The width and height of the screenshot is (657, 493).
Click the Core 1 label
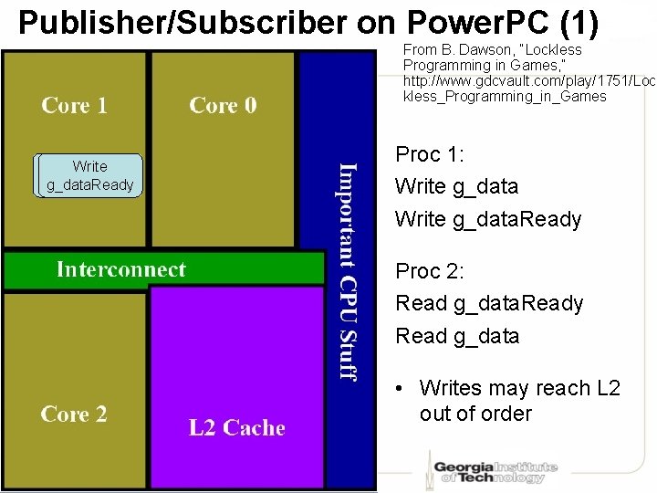(74, 106)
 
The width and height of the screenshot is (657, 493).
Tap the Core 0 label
(223, 106)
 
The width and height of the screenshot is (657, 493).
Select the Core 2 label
(74, 414)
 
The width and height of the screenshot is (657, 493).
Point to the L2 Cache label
(236, 428)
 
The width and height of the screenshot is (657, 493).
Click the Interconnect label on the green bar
(120, 269)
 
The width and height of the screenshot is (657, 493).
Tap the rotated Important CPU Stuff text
(348, 270)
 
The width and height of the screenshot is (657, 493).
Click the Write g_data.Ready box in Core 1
(89, 176)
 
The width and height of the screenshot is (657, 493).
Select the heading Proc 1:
(429, 154)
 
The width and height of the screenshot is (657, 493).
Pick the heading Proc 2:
(429, 271)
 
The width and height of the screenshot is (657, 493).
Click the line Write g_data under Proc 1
(456, 187)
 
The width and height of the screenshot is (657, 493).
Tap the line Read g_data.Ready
(489, 303)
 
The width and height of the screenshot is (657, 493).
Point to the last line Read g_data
(457, 336)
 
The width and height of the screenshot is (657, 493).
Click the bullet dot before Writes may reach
(402, 389)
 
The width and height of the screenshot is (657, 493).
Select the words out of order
(475, 414)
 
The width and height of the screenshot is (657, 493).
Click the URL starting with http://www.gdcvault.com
(529, 81)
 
